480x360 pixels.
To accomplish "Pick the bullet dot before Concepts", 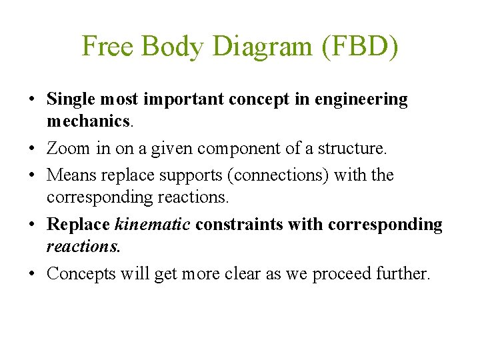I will pos(32,274).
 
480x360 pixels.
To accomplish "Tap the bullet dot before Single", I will pos(32,100).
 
